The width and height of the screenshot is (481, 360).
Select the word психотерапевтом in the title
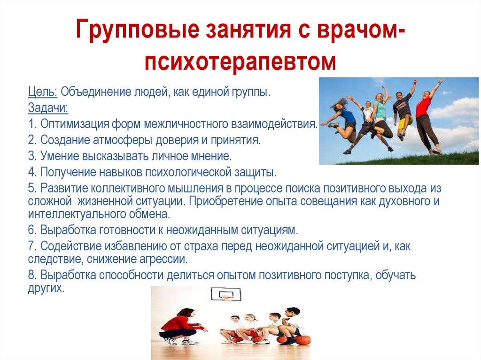[x=240, y=61]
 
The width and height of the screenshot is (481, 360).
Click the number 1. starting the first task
[x=32, y=124]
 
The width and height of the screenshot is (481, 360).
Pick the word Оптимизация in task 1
[x=76, y=124]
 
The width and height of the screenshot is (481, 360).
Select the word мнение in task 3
[x=212, y=156]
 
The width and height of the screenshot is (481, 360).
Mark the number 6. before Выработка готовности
[x=32, y=230]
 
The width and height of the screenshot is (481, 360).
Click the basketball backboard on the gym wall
[x=226, y=295]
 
